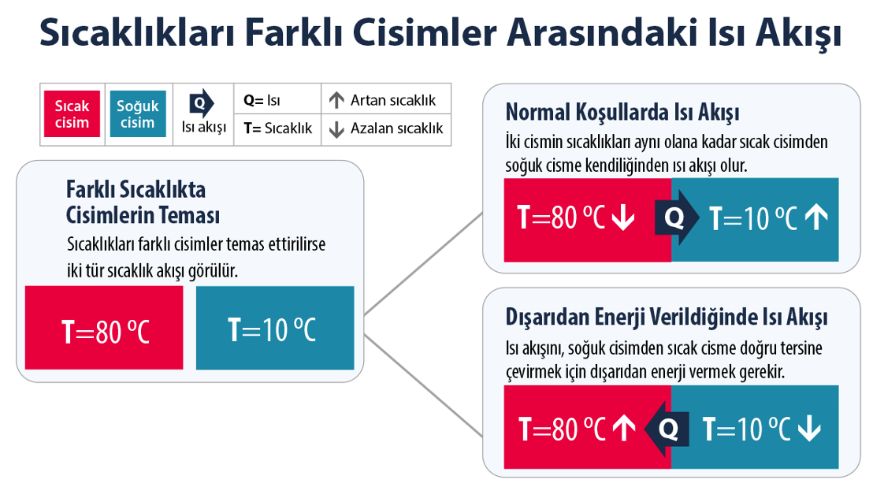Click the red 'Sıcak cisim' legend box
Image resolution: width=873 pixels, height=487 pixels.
[x=72, y=114]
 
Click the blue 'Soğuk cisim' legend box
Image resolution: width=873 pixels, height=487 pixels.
[x=138, y=114]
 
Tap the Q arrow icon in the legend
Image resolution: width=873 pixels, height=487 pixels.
[x=202, y=103]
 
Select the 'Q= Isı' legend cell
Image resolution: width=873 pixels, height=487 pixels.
[x=262, y=100]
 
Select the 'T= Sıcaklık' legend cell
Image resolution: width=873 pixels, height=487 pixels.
[x=277, y=128]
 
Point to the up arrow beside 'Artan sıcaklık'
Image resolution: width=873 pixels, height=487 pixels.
[x=336, y=100]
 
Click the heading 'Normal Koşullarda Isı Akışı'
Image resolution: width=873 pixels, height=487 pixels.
[x=622, y=112]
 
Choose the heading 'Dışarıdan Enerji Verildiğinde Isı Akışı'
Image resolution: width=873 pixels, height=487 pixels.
[x=666, y=318]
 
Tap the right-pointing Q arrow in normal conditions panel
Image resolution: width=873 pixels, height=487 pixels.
[x=675, y=218]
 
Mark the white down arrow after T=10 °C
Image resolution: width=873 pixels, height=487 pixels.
[x=809, y=429]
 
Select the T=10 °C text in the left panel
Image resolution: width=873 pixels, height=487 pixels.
[x=272, y=330]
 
